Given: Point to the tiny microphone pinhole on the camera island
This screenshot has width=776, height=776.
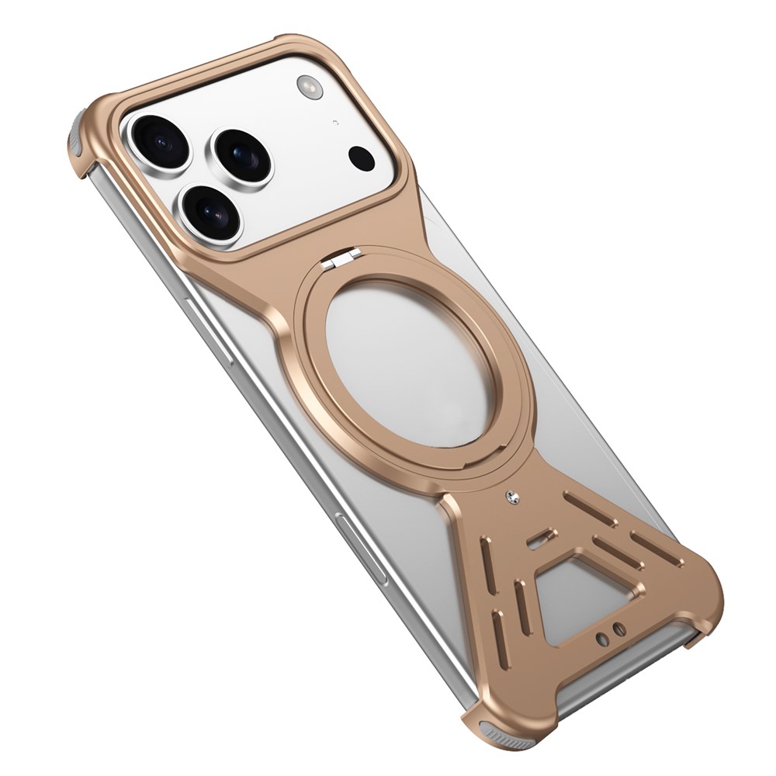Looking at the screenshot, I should pyautogui.click(x=334, y=122).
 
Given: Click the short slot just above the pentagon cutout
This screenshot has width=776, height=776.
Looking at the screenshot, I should pyautogui.click(x=541, y=536).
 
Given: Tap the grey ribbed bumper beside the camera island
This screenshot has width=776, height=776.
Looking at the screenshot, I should pyautogui.click(x=78, y=136).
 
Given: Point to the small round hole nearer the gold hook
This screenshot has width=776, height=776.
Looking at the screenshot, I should pyautogui.click(x=618, y=627).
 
